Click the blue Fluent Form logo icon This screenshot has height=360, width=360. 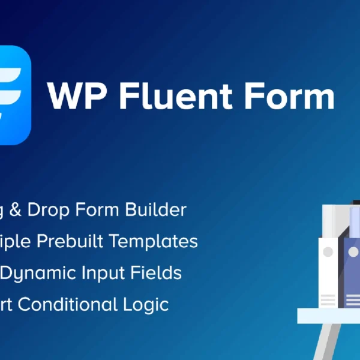click(14, 95)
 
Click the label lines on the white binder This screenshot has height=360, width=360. click(329, 299)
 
